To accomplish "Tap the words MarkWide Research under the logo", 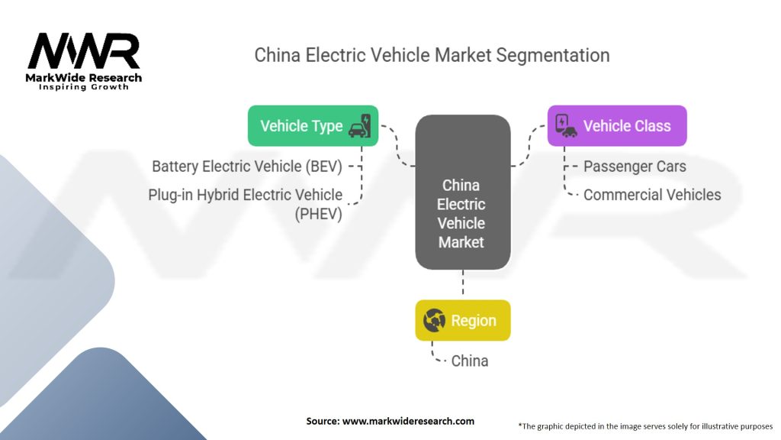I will coord(84,78).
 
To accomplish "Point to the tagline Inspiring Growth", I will coord(84,87).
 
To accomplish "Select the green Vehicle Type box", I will coord(313,125).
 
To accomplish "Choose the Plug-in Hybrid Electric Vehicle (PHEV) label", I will coord(246,204).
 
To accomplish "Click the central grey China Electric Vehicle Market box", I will coord(462,192).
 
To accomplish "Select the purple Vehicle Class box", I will coord(617,126).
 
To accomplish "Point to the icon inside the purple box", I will coord(565,125).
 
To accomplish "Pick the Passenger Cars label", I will coord(635,166).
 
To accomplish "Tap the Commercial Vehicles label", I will coord(651,195).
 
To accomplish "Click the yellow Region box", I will coord(462,321).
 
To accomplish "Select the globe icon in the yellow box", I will coord(434,321).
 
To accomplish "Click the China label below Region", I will coord(470,361).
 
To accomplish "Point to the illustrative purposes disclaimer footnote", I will coord(645,425).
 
